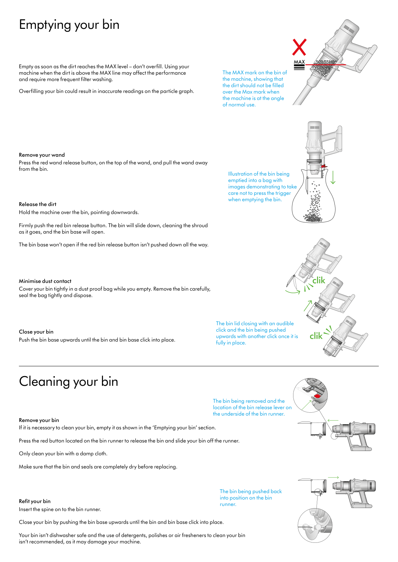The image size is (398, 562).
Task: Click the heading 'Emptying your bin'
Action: pos(69,25)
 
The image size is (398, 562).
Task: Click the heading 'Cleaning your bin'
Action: pos(68,382)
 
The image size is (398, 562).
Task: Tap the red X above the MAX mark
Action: pos(299,47)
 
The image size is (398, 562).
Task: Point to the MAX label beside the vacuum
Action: pos(299,62)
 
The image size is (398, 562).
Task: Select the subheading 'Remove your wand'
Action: pos(42,155)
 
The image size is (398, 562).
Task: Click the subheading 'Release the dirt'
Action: pos(38,204)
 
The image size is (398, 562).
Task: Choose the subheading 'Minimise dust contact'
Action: pos(45,281)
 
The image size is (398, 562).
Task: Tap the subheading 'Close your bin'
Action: pos(36,332)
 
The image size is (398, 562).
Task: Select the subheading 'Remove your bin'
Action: pos(39,420)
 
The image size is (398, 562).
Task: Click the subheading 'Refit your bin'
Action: pos(35,501)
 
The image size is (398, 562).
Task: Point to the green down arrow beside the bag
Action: pos(333,177)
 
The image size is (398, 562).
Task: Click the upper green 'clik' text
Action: pos(319,281)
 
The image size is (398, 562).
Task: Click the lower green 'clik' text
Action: pos(316,336)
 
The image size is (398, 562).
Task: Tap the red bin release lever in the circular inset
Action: pos(317,396)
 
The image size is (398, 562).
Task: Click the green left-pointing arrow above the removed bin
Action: pos(333,420)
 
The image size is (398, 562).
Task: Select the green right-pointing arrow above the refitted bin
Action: pos(333,477)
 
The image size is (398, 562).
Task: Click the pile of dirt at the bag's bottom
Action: pos(313,218)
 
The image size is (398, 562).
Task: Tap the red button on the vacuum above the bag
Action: pos(324,166)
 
